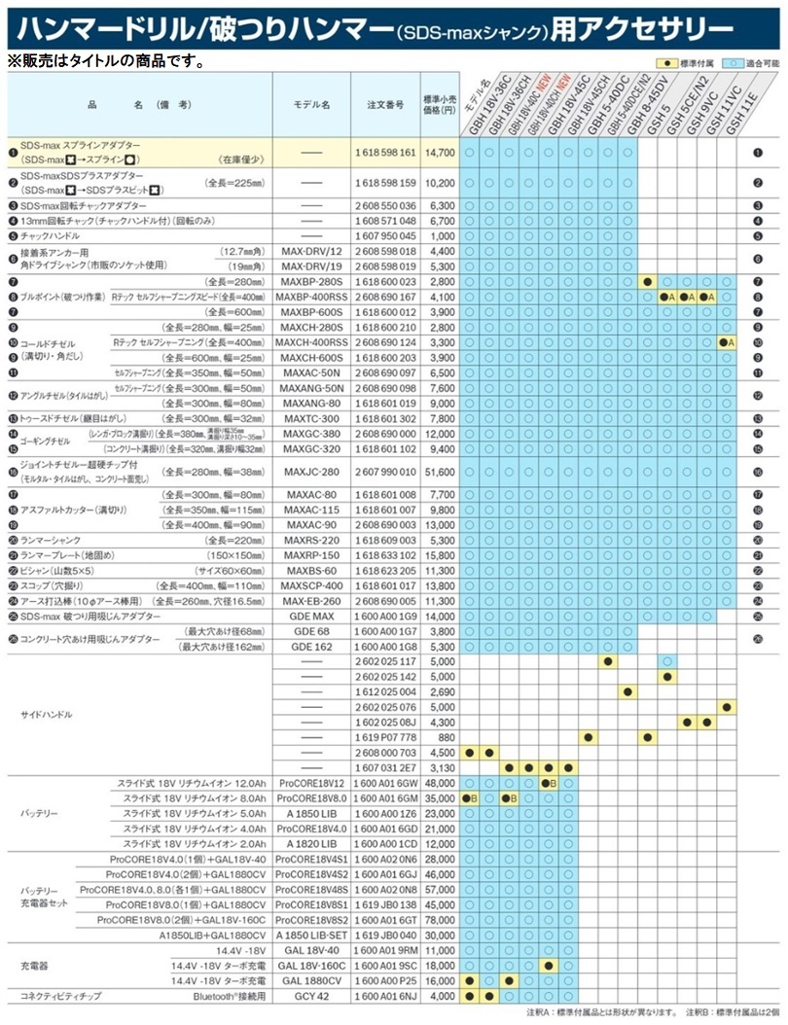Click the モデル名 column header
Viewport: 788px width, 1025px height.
pos(312,102)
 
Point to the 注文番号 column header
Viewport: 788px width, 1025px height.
pos(381,102)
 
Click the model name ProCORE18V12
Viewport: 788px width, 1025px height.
pos(309,783)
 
